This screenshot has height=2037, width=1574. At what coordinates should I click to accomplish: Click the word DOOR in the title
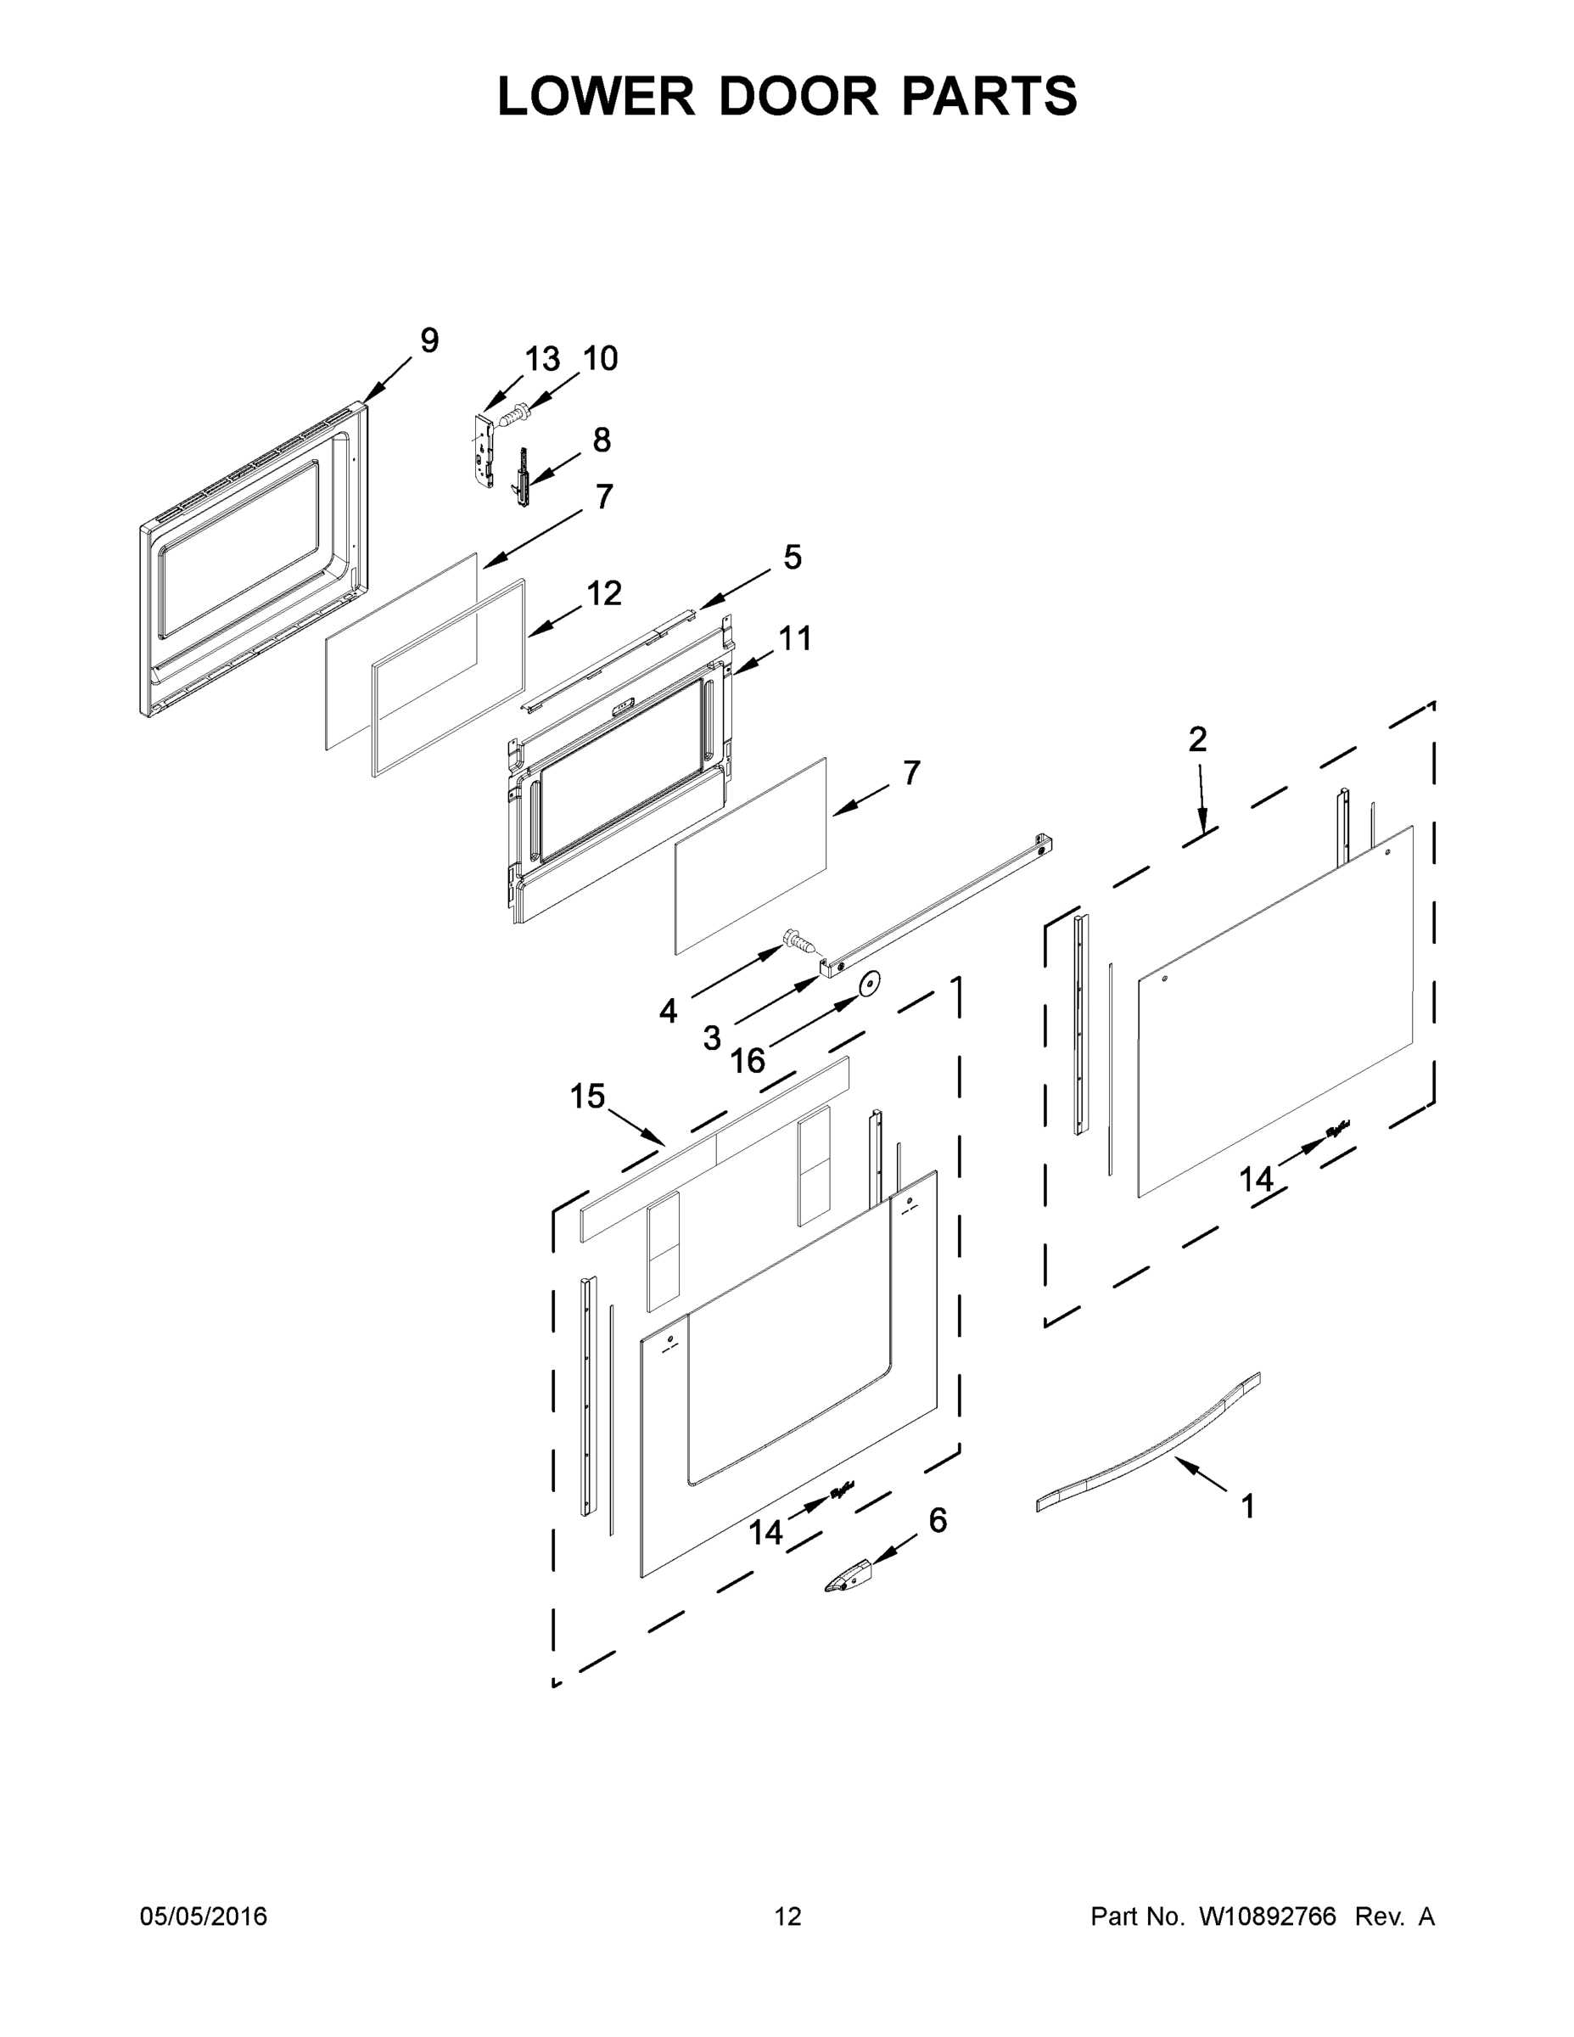[798, 96]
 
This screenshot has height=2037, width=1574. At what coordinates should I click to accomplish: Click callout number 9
[429, 340]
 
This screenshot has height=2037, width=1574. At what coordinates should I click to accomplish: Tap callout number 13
[541, 359]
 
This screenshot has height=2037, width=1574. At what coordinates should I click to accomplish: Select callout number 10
[601, 359]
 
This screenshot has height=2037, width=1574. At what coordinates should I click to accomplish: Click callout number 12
[604, 593]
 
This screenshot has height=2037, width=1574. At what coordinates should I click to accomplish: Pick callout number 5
[792, 558]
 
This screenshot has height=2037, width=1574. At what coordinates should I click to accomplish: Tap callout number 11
[794, 639]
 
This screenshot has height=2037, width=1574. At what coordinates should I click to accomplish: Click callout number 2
[1197, 739]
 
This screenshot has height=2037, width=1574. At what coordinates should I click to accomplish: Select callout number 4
[668, 1010]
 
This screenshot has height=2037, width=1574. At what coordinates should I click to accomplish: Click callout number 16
[747, 1060]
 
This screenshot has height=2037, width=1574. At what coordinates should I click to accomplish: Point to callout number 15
[587, 1097]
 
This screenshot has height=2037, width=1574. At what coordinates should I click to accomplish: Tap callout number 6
[937, 1520]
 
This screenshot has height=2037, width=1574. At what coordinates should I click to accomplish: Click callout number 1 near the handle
[1247, 1507]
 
